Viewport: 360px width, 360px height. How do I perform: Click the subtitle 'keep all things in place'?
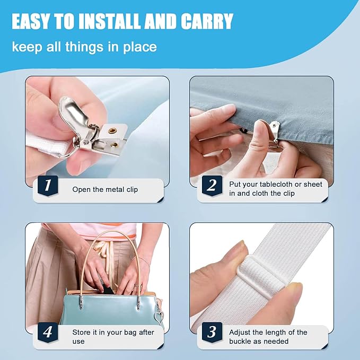(84, 47)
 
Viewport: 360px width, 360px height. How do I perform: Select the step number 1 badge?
(47, 185)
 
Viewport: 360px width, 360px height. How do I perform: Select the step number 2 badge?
(212, 185)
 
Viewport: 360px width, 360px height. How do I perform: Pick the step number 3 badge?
(212, 332)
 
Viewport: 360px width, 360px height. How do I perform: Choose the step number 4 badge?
(47, 332)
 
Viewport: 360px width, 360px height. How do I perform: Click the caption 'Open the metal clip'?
(105, 189)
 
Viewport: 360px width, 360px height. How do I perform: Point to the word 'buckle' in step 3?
(241, 341)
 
